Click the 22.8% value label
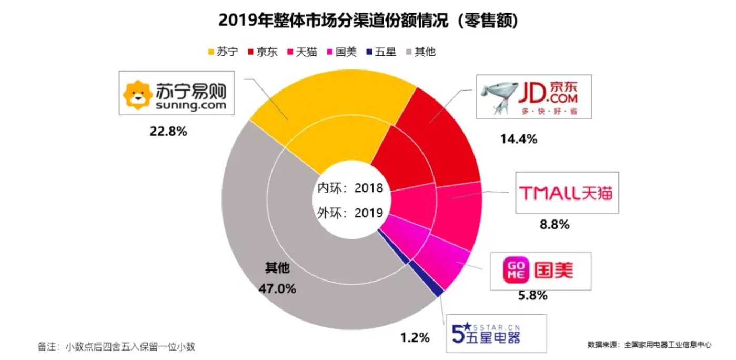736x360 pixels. coord(168,132)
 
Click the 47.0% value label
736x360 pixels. coord(277,288)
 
